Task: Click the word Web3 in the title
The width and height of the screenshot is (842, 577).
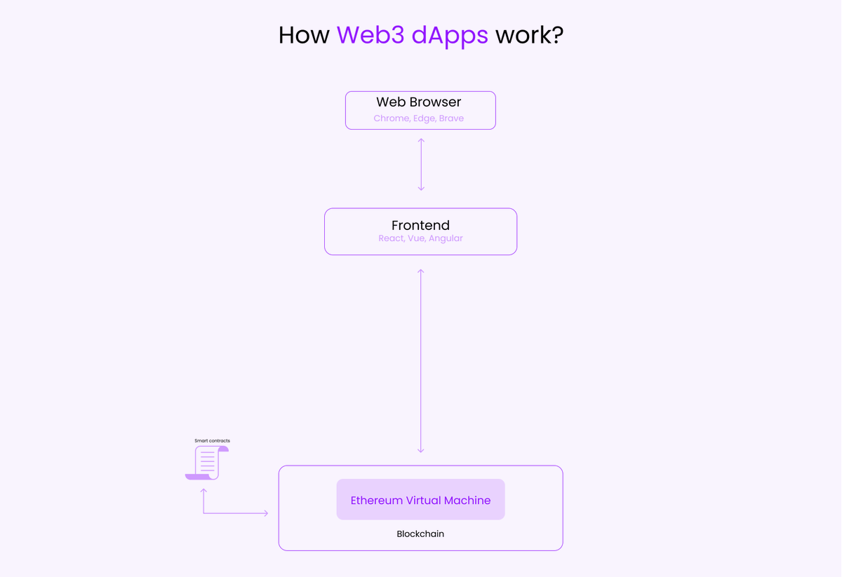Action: coord(370,35)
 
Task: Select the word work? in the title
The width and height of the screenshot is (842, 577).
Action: coord(529,35)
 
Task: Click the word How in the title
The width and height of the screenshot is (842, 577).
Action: coord(304,35)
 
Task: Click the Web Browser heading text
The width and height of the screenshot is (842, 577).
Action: coord(419,102)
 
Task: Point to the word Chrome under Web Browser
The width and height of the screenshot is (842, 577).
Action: coord(391,118)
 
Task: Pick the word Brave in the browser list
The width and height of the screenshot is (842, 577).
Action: coord(451,118)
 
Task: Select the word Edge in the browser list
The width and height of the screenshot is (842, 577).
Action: coord(424,118)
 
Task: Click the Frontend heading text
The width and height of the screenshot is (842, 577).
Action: coord(420,225)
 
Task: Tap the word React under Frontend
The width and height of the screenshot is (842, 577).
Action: coord(391,238)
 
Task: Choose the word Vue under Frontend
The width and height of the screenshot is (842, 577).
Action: coord(416,238)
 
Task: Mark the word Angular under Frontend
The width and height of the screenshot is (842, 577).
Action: coord(446,238)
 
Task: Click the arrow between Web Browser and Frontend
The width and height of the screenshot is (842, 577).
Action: coord(421,164)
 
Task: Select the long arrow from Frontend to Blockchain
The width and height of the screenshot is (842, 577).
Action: coord(421,360)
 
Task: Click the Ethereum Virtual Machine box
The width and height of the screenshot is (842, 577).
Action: coord(420,500)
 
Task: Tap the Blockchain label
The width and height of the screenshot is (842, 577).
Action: coord(420,534)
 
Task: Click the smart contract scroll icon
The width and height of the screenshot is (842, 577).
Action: coord(207,463)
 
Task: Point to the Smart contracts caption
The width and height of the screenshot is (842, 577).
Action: coord(212,441)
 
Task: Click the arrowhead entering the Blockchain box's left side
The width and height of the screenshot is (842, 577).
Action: coord(265,513)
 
